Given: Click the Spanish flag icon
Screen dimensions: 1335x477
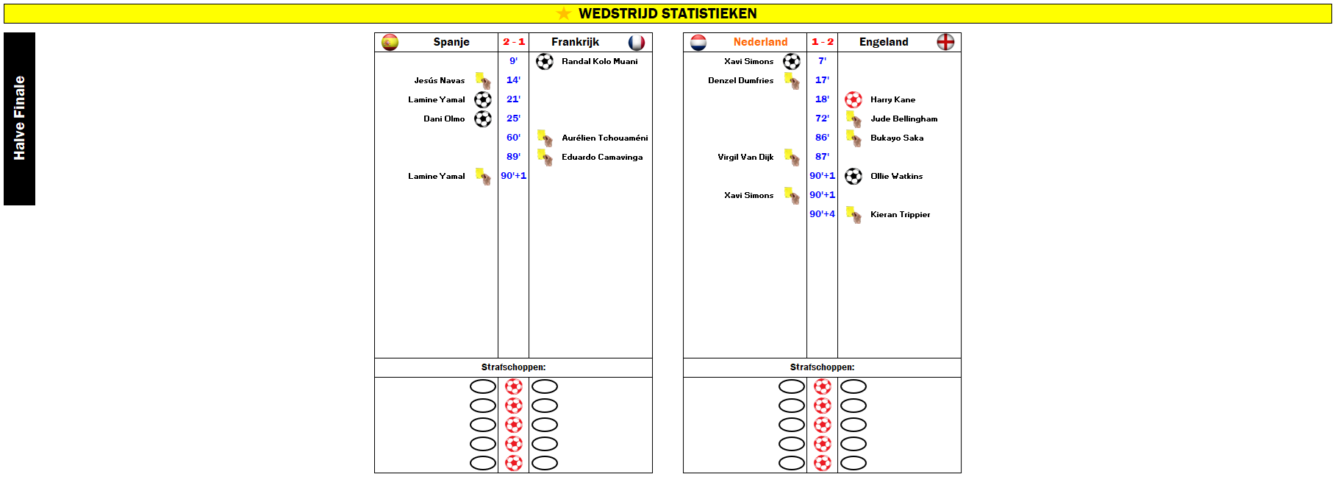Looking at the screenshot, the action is click(x=390, y=43).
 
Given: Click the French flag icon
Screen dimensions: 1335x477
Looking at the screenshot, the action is click(x=637, y=43).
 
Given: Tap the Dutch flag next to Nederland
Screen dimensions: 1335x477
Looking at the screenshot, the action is click(x=698, y=43).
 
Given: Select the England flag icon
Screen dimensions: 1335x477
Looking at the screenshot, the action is click(x=945, y=42).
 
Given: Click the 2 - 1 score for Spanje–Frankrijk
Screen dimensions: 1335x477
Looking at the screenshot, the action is click(x=514, y=42).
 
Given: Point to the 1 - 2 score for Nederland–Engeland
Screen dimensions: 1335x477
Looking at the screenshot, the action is click(x=823, y=42).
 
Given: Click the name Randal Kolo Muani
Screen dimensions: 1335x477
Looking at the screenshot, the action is click(x=600, y=61).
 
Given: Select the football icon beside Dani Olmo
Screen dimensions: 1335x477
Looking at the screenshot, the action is click(x=483, y=119).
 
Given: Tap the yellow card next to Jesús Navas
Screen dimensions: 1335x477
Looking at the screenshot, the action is click(x=483, y=80).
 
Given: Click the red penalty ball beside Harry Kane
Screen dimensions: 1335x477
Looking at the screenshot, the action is click(x=853, y=99).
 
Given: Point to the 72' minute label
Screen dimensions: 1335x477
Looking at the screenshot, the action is click(x=822, y=119).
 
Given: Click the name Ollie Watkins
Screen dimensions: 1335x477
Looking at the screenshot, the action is click(x=896, y=176).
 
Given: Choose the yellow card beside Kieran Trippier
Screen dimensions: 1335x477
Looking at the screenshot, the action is click(x=853, y=214).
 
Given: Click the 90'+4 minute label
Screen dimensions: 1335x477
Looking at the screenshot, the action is click(x=822, y=214).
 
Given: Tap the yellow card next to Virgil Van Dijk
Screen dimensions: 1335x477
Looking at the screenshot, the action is click(x=792, y=157).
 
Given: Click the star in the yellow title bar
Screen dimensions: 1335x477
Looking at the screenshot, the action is click(x=564, y=13).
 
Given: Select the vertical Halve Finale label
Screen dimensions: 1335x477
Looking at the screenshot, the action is click(x=20, y=119).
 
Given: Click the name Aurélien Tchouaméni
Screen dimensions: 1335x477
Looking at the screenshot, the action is click(x=605, y=138).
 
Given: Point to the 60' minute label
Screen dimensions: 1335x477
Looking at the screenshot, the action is click(x=513, y=138).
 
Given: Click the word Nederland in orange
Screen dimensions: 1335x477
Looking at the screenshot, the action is click(x=760, y=42).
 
